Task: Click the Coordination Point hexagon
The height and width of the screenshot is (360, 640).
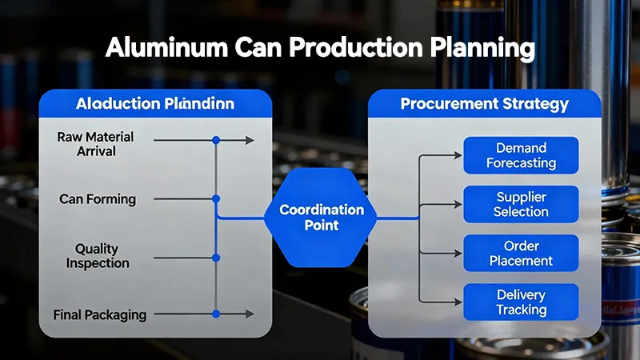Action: coord(321,218)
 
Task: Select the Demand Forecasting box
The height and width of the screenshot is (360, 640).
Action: coord(521,155)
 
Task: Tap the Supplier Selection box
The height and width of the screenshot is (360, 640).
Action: coord(521,204)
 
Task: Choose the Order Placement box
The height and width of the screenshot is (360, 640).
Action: coord(521,253)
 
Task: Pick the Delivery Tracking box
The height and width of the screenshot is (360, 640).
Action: coord(521,302)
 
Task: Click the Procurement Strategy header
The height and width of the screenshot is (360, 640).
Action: coord(484,104)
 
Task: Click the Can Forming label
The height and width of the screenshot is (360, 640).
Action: coord(98,198)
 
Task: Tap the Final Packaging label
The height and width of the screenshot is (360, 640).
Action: coord(99,314)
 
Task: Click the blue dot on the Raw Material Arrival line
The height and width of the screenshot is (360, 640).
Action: coord(215,140)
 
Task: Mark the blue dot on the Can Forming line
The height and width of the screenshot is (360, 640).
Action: coord(215,198)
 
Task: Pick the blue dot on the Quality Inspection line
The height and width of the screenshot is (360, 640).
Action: coord(215,257)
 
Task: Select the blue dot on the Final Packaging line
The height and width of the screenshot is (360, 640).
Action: coord(215,314)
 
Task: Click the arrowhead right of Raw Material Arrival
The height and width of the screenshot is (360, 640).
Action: coord(250,140)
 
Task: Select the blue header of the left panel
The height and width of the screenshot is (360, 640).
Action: coord(155,105)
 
